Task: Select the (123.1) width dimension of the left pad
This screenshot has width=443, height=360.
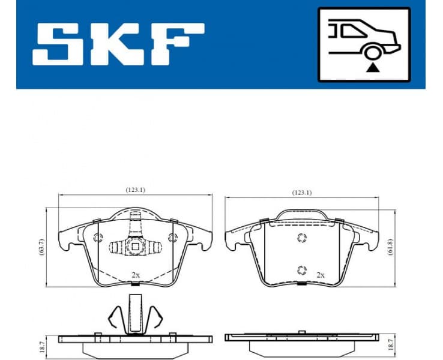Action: pos(135,190)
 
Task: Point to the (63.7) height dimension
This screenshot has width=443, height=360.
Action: pos(41,247)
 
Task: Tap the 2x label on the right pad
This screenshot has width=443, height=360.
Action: pos(320,274)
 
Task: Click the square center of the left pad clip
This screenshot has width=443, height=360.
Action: pos(136,246)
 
